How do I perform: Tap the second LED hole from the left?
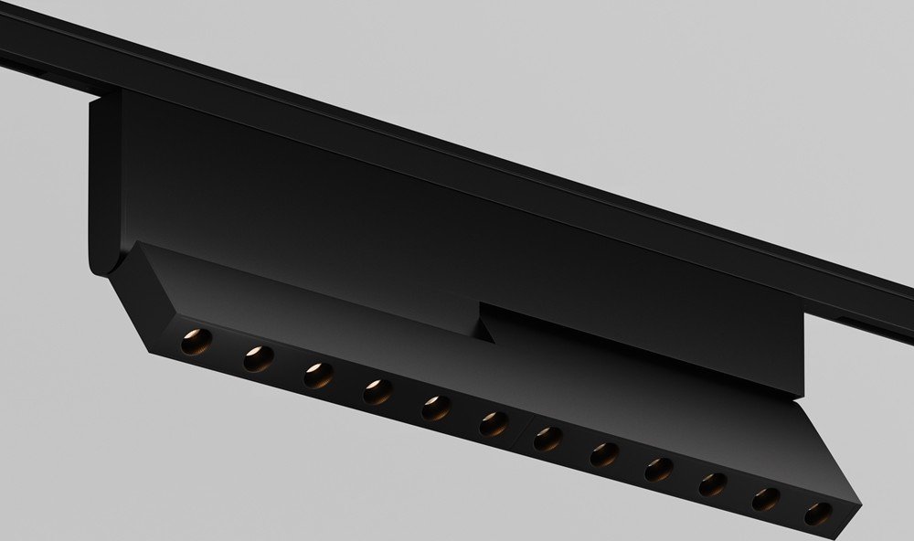pyautogui.click(x=257, y=358)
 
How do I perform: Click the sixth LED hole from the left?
pyautogui.click(x=494, y=423)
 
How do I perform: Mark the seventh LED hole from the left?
pyautogui.click(x=547, y=440)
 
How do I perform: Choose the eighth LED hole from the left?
pyautogui.click(x=603, y=454)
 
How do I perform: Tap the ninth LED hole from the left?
pyautogui.click(x=658, y=470)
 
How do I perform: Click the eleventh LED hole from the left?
pyautogui.click(x=766, y=499)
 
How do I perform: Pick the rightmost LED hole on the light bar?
pyautogui.click(x=816, y=513)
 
